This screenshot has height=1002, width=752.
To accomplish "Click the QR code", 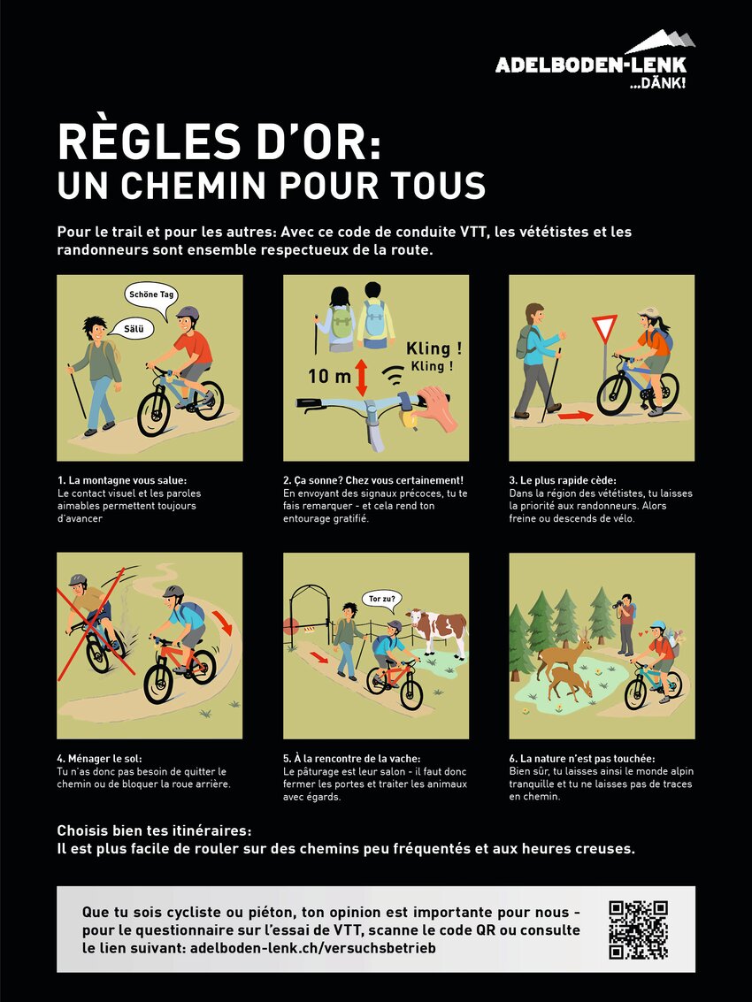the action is coord(638,929).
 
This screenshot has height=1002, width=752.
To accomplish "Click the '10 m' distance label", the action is coord(329,376).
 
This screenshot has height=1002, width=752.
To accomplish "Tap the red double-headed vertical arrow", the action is coord(362,378).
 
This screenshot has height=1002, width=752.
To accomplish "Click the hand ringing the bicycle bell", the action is coord(434,408).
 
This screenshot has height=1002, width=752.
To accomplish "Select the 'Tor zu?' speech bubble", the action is coord(382,600).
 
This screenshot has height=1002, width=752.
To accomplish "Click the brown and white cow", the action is coord(438,631).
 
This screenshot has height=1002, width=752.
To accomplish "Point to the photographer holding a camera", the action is coord(625,617).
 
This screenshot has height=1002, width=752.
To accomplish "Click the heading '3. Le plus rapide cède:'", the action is coord(563,480).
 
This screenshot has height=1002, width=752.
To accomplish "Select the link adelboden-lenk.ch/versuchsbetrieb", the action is coord(312,948).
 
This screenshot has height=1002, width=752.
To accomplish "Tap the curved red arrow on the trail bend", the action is coord(223,622).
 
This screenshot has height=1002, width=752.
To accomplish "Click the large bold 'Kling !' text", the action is coord(434,349).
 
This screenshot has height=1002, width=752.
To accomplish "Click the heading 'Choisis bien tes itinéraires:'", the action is coord(154,830).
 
